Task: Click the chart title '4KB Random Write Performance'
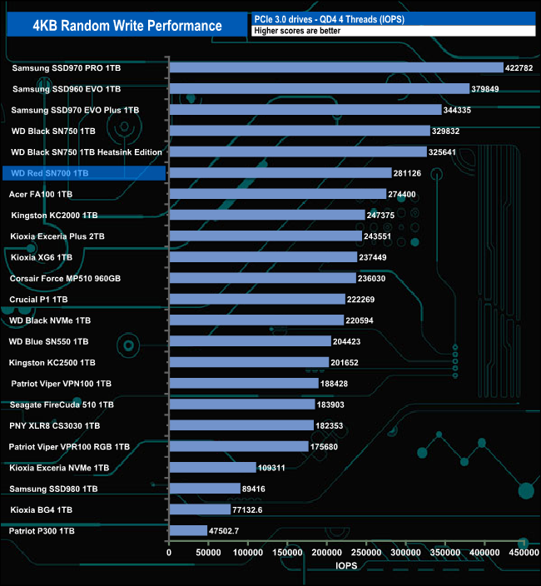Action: [x=127, y=25]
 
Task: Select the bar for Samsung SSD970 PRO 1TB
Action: [x=336, y=67]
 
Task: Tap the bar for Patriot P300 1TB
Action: [x=188, y=530]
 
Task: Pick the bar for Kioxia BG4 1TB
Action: [x=200, y=509]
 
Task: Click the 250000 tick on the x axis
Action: [x=366, y=553]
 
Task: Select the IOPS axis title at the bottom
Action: [x=347, y=565]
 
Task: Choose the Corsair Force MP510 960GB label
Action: [x=65, y=278]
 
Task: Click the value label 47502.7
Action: [x=226, y=530]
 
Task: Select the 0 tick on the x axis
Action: [x=169, y=553]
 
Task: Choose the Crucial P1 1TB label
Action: [x=38, y=299]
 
